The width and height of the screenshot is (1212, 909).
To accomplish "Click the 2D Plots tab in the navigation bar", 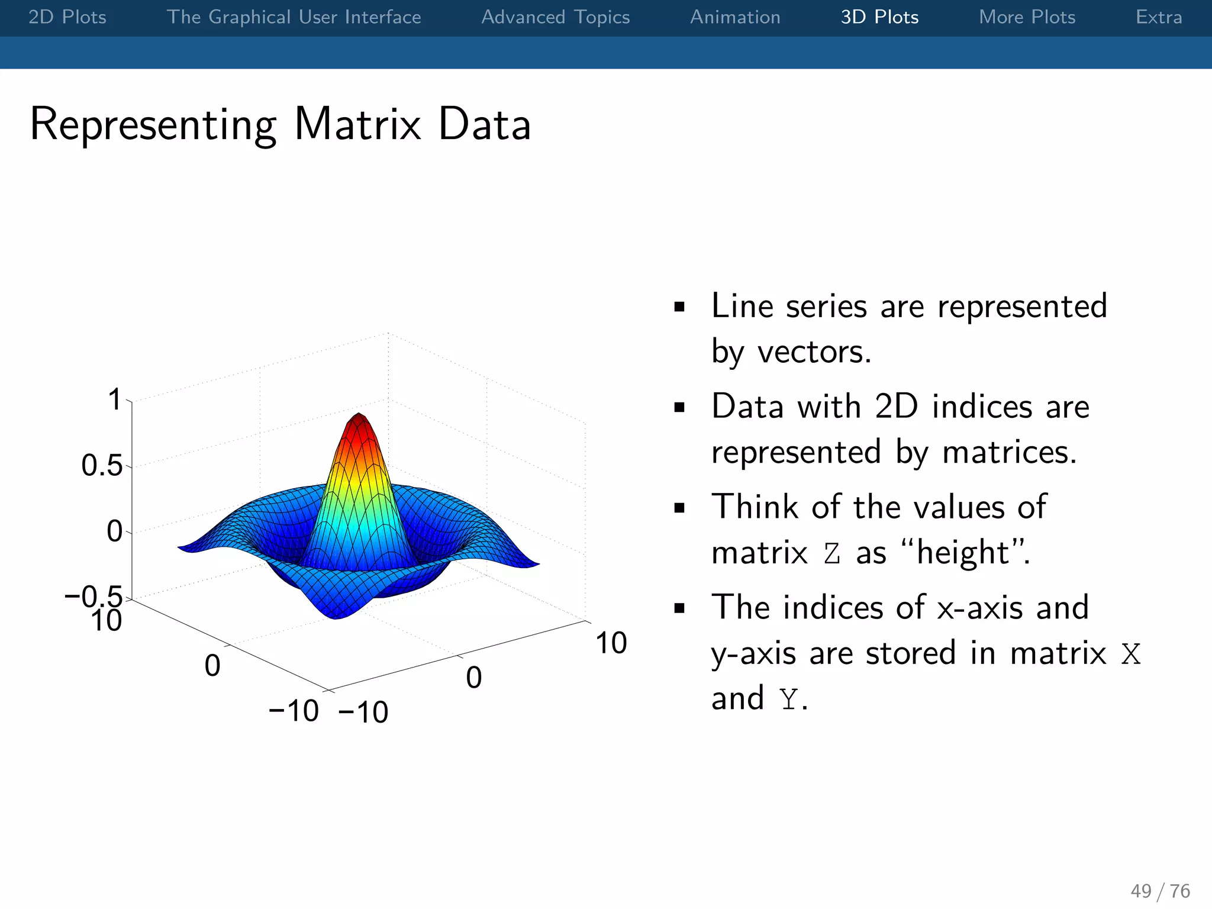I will point(67,17).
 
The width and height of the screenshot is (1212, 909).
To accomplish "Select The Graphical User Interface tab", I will point(294,17).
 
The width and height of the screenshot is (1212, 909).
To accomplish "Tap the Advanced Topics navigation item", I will point(555,17).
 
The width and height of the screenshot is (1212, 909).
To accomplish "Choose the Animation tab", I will point(735,17).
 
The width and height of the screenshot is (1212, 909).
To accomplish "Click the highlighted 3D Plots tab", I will point(879,17).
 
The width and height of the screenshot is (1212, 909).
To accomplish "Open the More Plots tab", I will point(1027,17).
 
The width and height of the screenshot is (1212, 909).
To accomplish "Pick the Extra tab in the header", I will point(1158,17).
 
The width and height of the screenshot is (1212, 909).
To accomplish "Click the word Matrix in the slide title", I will point(357,124).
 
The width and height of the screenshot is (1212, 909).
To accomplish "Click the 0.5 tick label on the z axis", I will point(102,466).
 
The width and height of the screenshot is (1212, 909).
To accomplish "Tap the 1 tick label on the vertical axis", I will point(114,399).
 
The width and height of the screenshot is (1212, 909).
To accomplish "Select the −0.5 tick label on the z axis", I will point(94,596).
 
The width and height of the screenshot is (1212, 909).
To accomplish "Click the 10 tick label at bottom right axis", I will point(611,643).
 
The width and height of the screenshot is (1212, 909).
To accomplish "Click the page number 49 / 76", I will point(1160,891).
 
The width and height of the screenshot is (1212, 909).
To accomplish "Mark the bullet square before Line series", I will point(679,307).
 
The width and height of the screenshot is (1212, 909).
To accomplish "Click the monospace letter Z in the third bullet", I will point(832,554).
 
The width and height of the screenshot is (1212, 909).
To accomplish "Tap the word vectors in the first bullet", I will point(814,352).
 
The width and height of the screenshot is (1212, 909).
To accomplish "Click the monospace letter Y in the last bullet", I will point(788,700).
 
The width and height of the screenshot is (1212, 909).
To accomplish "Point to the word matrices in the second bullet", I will point(1008,452).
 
